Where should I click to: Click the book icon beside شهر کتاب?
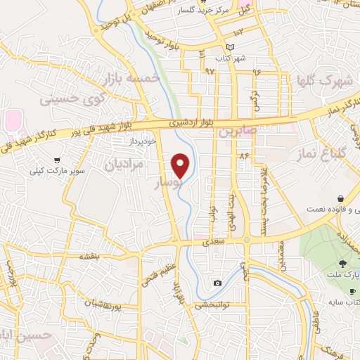pyautogui.click(x=221, y=51)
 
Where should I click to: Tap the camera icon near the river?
pyautogui.click(x=217, y=283)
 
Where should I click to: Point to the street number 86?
pyautogui.click(x=244, y=155)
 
